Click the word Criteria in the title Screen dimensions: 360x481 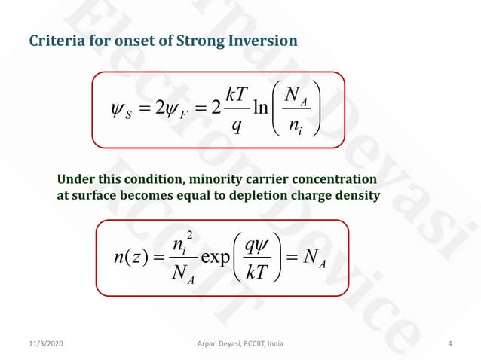coord(54,40)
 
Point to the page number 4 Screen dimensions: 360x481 coord(450,344)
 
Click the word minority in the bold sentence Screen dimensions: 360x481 coord(193,180)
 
